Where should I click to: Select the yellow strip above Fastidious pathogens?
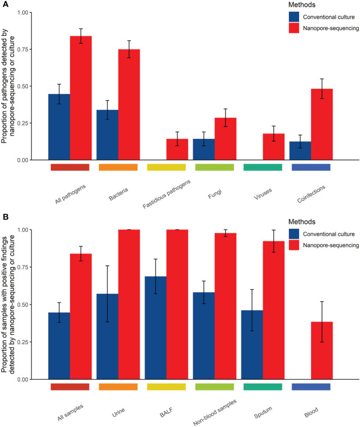(x=166, y=167)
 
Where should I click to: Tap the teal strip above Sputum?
(x=263, y=387)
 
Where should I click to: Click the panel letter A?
(x=4, y=5)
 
